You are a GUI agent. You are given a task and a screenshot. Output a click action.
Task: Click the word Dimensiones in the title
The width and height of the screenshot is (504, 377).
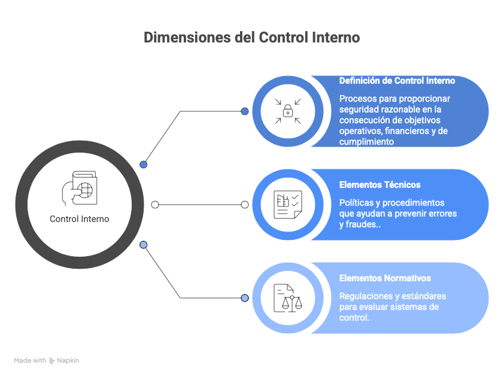pos(187,37)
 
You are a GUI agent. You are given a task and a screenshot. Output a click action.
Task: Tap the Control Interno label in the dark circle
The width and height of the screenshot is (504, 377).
pos(80,219)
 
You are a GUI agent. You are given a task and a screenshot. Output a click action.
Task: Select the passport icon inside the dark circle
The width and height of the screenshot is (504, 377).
pos(80,188)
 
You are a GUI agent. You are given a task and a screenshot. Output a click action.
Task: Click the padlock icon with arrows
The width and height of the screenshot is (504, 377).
pos(288,111)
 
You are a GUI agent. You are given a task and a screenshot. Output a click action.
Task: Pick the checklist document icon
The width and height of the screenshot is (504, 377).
pos(288,205)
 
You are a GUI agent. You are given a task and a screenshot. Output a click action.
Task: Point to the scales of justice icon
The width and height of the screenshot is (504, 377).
pos(288,298)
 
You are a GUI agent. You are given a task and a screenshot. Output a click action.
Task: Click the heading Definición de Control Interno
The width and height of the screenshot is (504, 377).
pos(397,81)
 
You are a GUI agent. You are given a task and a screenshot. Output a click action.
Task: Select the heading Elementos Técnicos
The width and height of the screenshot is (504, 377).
pos(380,185)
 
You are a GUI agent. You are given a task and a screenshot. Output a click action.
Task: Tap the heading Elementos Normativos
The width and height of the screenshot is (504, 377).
pos(385,278)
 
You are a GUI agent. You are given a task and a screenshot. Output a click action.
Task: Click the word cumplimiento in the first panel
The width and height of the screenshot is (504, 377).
pos(366,142)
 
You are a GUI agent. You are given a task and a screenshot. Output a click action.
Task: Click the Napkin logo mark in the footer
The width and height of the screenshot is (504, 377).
pos(51,361)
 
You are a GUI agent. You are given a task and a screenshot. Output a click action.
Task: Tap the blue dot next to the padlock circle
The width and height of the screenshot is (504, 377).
pos(245,111)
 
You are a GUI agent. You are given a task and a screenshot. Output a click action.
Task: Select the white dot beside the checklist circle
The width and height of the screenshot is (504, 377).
pos(245,205)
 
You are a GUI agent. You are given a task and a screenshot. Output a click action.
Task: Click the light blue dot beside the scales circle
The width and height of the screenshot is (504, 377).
pos(245,298)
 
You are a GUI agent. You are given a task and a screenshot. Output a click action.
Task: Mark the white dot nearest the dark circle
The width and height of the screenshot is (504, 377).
pos(155,205)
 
